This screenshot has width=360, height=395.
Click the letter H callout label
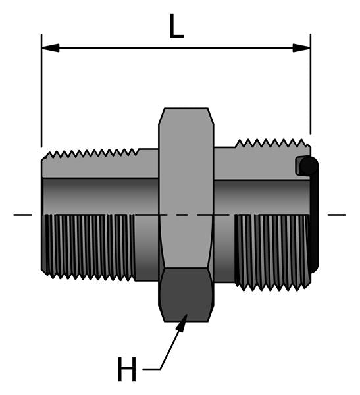pos(126,370)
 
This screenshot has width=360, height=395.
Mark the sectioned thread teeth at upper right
pos(270,144)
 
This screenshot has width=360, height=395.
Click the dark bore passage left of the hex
pos(99,196)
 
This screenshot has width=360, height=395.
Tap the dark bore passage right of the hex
pos(257,196)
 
